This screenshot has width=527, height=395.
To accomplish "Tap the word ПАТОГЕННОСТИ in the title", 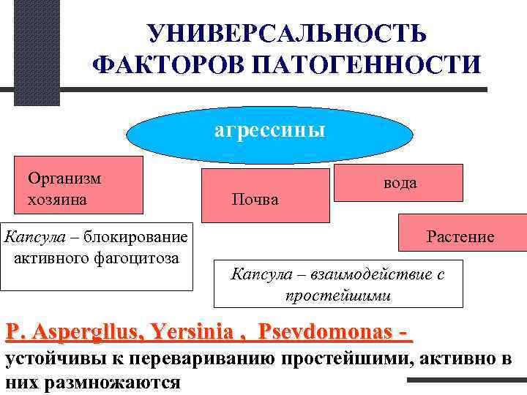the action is (x=366, y=64).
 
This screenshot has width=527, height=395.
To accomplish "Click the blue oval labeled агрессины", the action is (x=269, y=132).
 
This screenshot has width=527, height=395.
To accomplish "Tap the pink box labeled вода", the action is (x=399, y=183).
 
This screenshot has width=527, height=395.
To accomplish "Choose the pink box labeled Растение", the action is (x=461, y=236).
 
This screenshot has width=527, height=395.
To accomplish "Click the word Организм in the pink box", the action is (x=64, y=178).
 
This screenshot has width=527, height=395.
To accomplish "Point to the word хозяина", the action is (x=59, y=198).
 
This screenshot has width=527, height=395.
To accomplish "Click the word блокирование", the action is (x=135, y=236).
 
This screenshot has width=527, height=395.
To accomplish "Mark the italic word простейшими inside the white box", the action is (x=338, y=296).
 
